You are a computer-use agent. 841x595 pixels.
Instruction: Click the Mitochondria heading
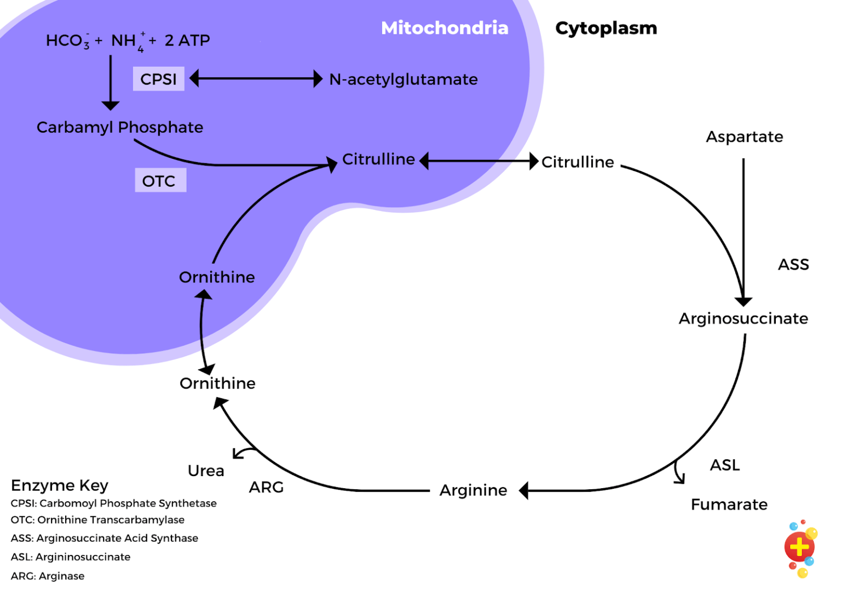point(445,28)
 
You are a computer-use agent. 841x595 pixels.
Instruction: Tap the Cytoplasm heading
point(606,28)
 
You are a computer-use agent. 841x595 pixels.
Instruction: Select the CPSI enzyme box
point(158,79)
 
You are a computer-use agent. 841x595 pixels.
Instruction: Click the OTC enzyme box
point(160,181)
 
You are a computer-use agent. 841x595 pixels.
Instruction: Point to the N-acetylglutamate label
point(403,79)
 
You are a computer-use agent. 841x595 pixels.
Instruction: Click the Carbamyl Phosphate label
point(120,127)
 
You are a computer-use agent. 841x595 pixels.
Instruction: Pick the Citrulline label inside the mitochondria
point(378,159)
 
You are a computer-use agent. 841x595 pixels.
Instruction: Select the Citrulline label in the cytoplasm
point(578,162)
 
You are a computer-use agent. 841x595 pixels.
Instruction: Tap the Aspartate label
point(744,136)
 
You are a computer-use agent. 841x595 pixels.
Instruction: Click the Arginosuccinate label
point(743,318)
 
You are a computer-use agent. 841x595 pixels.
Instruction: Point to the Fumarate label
point(729,504)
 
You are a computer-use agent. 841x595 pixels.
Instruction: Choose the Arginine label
point(473,490)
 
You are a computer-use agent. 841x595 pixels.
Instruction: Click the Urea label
point(206,471)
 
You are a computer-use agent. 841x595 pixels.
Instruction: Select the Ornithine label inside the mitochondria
point(217,277)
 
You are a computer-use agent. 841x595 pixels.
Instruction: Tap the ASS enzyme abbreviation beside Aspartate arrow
point(793,265)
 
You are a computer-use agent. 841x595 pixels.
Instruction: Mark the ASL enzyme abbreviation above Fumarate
point(724,465)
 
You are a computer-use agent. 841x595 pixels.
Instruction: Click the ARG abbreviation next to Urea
point(266,487)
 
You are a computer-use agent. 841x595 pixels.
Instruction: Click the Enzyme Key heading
point(60,485)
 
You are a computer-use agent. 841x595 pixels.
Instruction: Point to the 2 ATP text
point(187,41)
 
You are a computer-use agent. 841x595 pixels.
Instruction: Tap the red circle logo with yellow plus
point(799,547)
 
